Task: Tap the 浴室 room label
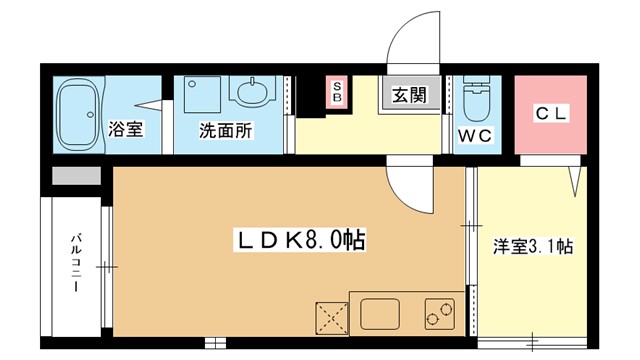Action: point(126,129)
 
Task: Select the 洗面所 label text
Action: point(226,130)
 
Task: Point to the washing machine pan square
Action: point(202,94)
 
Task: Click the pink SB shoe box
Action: point(337,92)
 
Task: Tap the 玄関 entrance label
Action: point(409,95)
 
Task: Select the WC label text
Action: point(476,136)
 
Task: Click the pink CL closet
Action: point(551,115)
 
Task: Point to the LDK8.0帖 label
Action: point(300,240)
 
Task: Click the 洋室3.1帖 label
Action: point(533,247)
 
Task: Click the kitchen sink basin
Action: point(380,314)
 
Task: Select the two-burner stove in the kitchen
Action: point(440,314)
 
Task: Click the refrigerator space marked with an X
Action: point(332,319)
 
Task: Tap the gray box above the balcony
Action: point(76,176)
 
